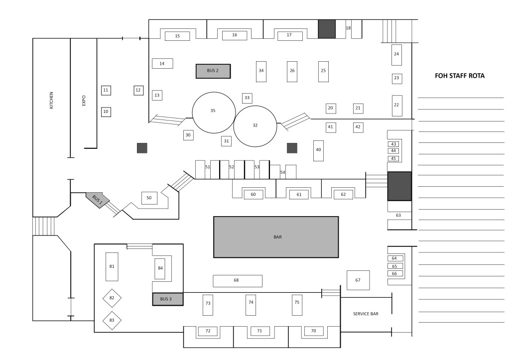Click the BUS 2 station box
coord(213,71)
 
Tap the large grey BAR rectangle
coord(276,237)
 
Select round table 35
coord(214,113)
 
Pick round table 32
coord(255,126)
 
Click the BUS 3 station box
coord(168,299)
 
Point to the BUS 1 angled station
coord(98,200)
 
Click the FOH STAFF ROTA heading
coord(460,76)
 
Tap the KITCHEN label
coord(51,100)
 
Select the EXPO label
coord(84,101)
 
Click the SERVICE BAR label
coord(366,314)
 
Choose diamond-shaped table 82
coord(112,298)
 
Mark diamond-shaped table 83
coord(112,320)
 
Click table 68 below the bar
coord(238,281)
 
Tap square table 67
coord(358,280)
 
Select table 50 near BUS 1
coord(149,198)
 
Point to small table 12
coord(138,91)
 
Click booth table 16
coord(235,35)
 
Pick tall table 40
coord(318,150)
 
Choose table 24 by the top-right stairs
coord(396,55)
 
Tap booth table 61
coord(299,194)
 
